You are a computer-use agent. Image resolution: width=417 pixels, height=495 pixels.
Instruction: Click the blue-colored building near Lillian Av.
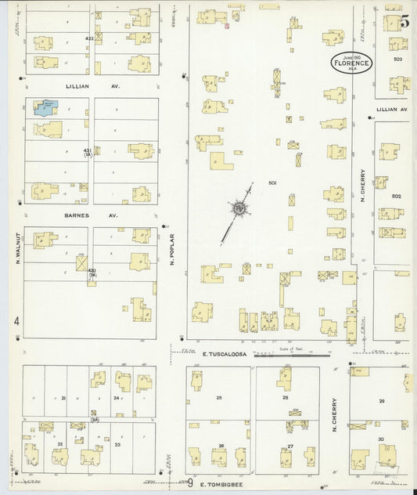[x=45, y=107]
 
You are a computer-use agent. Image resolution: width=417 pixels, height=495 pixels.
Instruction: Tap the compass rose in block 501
[x=239, y=208]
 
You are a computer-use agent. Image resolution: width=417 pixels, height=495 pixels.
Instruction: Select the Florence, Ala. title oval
[x=351, y=63]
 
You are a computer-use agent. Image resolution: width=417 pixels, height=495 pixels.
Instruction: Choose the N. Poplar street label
[x=171, y=248]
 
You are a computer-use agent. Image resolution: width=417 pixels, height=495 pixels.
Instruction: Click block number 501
[x=272, y=183]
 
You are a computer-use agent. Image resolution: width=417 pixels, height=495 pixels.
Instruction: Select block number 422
[x=89, y=37]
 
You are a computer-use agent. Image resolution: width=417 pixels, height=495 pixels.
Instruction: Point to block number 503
[x=397, y=60]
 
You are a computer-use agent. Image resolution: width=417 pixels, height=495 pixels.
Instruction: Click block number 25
[x=220, y=398]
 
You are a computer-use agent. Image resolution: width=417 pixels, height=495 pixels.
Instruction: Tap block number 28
[x=286, y=398]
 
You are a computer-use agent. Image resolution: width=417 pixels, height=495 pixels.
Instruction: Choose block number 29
[x=382, y=400]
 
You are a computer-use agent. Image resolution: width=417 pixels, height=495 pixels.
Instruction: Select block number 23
[x=117, y=444]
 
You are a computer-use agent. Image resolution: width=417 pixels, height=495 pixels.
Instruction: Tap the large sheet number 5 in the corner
[x=404, y=22]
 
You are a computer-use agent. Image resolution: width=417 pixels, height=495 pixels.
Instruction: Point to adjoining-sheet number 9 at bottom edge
[x=189, y=483]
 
